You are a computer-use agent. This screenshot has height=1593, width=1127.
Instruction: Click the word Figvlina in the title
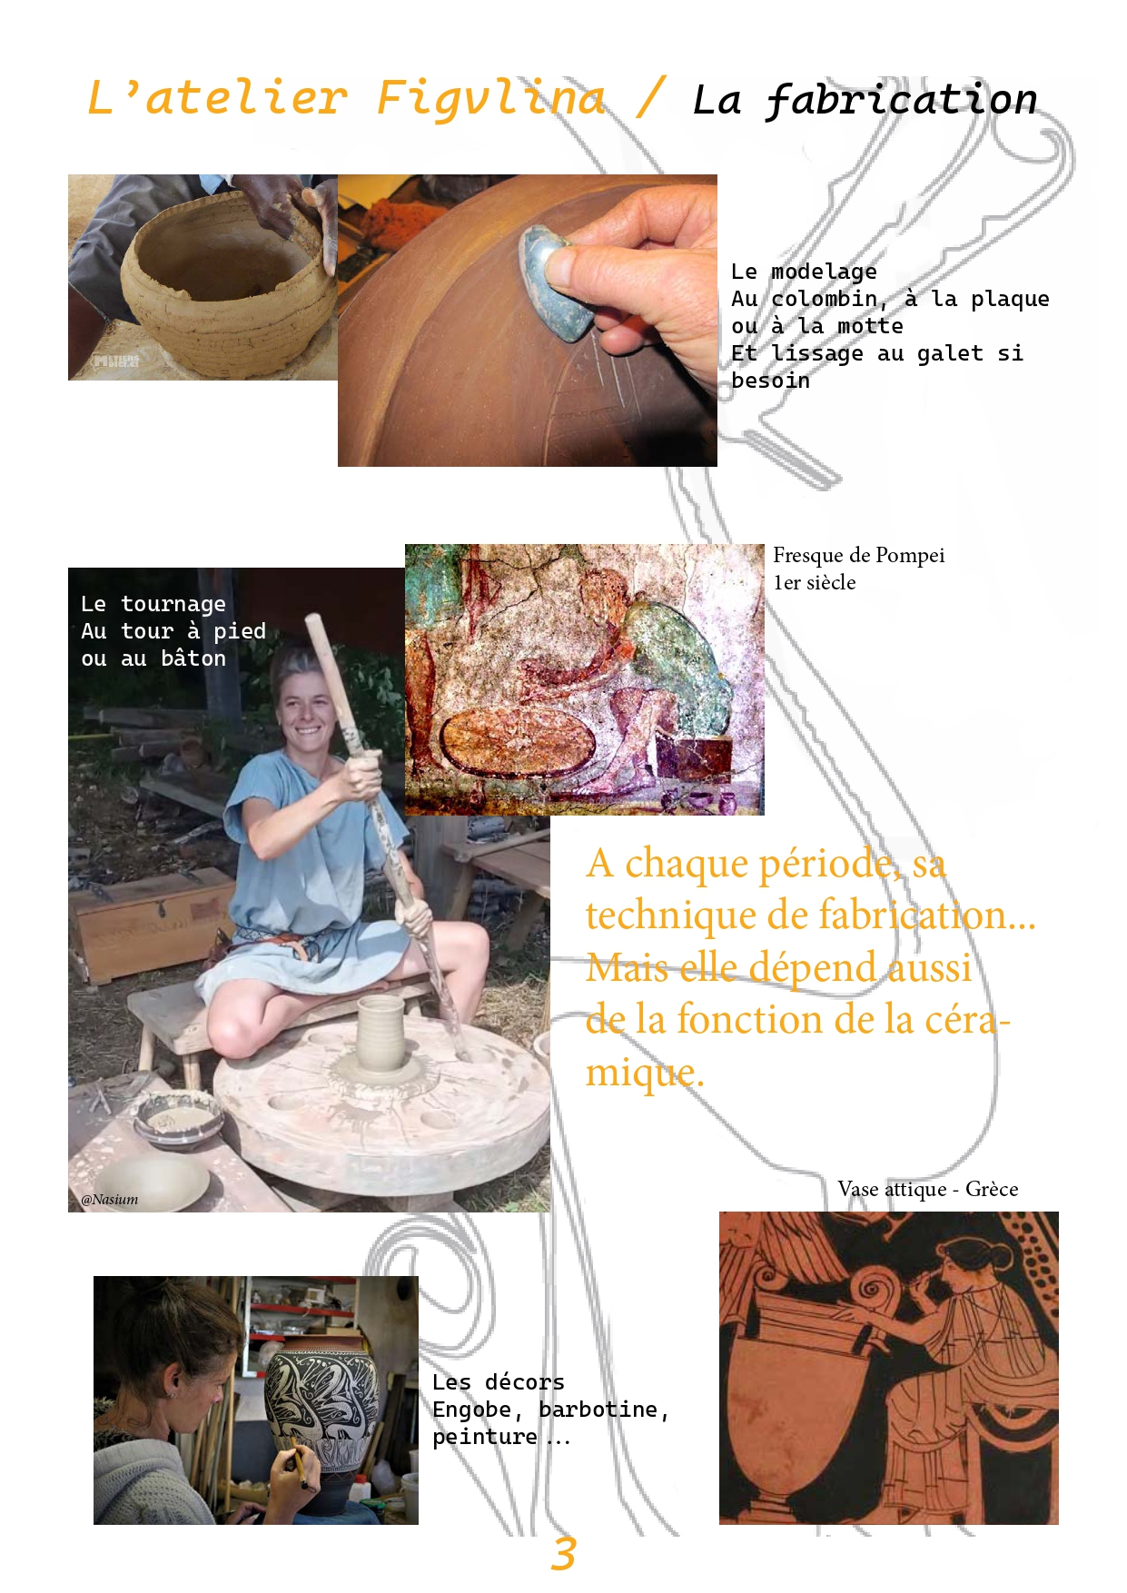point(490,98)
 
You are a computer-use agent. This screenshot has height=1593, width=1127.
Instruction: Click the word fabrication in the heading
point(901,100)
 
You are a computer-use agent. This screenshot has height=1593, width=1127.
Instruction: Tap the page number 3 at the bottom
point(563,1554)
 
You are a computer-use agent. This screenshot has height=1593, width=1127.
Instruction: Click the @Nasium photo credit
point(110,1199)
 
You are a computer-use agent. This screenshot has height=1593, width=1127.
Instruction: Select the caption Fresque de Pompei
point(858,555)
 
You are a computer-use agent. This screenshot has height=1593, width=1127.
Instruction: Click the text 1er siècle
point(815,582)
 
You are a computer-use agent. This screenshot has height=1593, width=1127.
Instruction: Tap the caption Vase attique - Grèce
point(927,1189)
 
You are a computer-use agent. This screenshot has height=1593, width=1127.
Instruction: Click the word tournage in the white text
point(173,604)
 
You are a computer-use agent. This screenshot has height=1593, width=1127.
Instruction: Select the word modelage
point(824,272)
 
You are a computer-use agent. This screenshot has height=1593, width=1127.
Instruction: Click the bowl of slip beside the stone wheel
point(178,1119)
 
